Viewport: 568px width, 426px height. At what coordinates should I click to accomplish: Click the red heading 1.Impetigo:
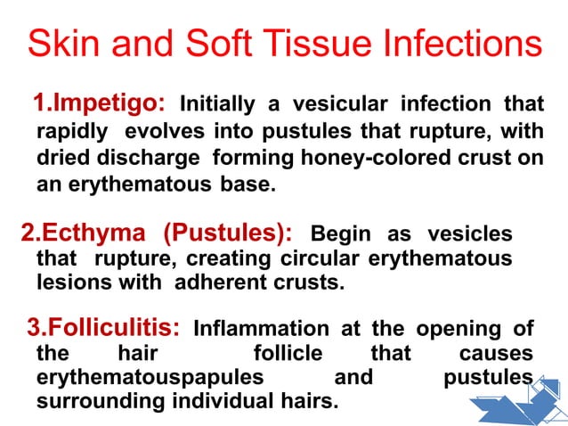point(98,104)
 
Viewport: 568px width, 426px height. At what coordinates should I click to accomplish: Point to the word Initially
point(220,105)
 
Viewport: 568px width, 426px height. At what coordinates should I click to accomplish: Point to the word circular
point(317,258)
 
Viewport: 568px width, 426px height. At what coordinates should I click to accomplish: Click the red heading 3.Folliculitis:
point(107,329)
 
